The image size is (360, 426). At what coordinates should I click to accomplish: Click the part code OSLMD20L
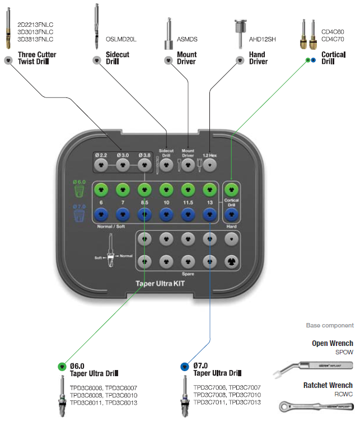tap(121, 40)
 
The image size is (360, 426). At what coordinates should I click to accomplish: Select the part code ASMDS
tap(187, 40)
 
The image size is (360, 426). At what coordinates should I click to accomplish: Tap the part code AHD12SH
tap(262, 40)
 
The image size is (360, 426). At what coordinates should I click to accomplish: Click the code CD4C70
tap(333, 40)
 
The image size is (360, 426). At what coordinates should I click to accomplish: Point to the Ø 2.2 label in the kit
tap(101, 155)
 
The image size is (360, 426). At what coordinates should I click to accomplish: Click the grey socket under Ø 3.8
tap(144, 165)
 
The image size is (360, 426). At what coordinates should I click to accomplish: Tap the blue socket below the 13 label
tap(209, 213)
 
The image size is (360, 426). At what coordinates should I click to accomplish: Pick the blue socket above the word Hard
tap(231, 213)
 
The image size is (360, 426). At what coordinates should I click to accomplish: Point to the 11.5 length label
tap(188, 202)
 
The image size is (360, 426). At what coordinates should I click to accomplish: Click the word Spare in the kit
tap(188, 274)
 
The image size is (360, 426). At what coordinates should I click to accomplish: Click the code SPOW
tap(344, 353)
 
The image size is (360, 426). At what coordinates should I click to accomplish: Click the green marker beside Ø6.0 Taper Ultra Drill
tap(62, 367)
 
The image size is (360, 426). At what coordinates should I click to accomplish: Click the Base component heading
tap(330, 325)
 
